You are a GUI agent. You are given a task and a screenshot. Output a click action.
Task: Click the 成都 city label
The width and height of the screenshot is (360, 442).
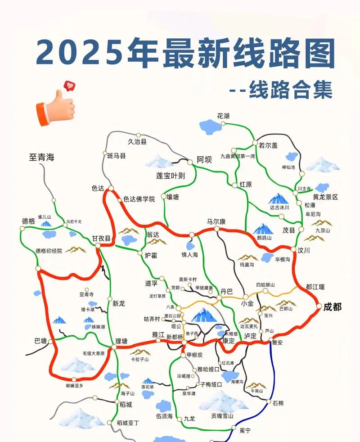(332, 307)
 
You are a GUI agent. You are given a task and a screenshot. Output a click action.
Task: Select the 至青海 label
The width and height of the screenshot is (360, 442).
(42, 158)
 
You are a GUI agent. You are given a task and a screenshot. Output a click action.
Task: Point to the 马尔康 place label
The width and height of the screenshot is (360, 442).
(216, 221)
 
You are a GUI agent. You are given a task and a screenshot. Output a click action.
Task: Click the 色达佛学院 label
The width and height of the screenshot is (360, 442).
(139, 198)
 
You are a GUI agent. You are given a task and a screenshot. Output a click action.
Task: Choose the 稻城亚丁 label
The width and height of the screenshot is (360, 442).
(128, 423)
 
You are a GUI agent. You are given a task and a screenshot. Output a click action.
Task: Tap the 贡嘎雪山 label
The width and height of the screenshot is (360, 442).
(223, 416)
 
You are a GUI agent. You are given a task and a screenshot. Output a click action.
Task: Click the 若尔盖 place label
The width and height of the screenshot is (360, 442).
(268, 145)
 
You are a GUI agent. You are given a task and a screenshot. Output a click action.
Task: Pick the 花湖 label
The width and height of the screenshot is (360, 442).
(223, 116)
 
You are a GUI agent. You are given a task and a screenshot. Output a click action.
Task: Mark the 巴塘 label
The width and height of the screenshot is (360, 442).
(40, 340)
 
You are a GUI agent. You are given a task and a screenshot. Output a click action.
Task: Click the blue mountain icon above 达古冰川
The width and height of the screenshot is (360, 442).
(279, 198)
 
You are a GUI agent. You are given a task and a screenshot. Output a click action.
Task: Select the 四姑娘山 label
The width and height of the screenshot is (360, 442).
(265, 285)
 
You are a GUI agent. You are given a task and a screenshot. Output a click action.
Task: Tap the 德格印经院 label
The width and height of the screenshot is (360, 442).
(49, 251)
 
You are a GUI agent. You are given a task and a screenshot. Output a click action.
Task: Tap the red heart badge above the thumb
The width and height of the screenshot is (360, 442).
(69, 85)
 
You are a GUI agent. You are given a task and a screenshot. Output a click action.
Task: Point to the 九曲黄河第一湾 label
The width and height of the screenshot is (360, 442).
(238, 156)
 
